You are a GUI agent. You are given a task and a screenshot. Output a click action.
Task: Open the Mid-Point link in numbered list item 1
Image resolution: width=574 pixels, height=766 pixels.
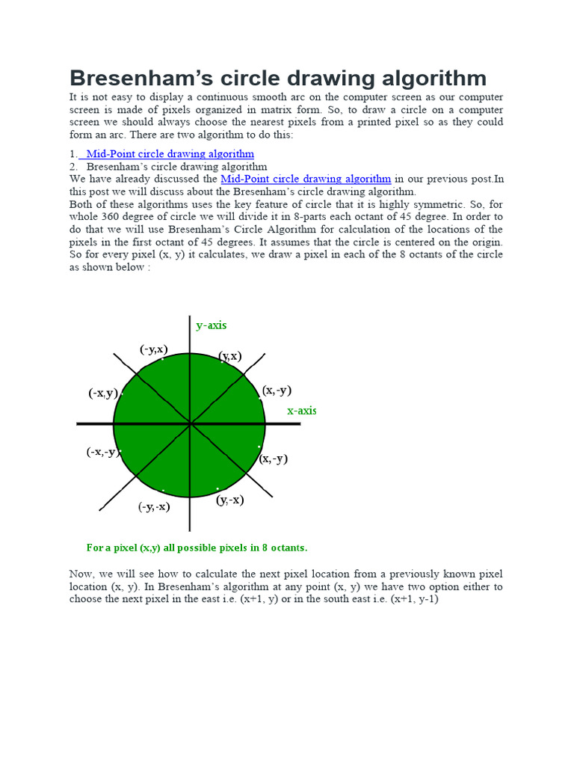pos(170,153)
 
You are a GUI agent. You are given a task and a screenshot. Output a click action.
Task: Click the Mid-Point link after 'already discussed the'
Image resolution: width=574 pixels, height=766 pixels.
pos(306,179)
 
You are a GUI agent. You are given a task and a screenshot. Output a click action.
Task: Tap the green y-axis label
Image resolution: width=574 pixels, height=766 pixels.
pos(211,325)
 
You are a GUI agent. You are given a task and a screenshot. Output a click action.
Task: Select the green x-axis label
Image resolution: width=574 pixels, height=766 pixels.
pos(301,411)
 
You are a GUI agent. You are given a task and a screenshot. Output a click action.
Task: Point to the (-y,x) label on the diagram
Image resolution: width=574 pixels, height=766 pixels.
pos(153,349)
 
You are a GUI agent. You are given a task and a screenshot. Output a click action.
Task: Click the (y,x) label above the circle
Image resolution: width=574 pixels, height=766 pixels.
pos(230,356)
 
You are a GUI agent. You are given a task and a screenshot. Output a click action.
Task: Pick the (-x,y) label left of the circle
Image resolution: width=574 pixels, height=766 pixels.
pos(102,393)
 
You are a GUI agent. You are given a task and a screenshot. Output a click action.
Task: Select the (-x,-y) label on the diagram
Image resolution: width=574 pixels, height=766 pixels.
pos(102,452)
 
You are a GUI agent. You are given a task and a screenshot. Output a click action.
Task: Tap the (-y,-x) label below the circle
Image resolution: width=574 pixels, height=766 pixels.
pos(153,506)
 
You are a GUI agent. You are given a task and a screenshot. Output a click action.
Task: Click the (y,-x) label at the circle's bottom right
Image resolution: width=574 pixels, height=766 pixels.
pos(230,500)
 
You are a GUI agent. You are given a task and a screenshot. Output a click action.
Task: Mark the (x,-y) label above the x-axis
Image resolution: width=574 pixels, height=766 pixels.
pos(277,390)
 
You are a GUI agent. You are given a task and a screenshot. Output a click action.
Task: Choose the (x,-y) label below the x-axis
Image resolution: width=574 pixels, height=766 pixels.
pos(274,459)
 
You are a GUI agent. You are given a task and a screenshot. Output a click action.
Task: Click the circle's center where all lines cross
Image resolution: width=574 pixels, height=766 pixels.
pos(191,424)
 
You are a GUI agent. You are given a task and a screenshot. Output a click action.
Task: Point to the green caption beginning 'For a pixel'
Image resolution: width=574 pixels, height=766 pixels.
pos(197,548)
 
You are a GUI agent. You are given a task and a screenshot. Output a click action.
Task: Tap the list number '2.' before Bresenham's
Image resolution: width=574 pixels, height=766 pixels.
pos(73,166)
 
